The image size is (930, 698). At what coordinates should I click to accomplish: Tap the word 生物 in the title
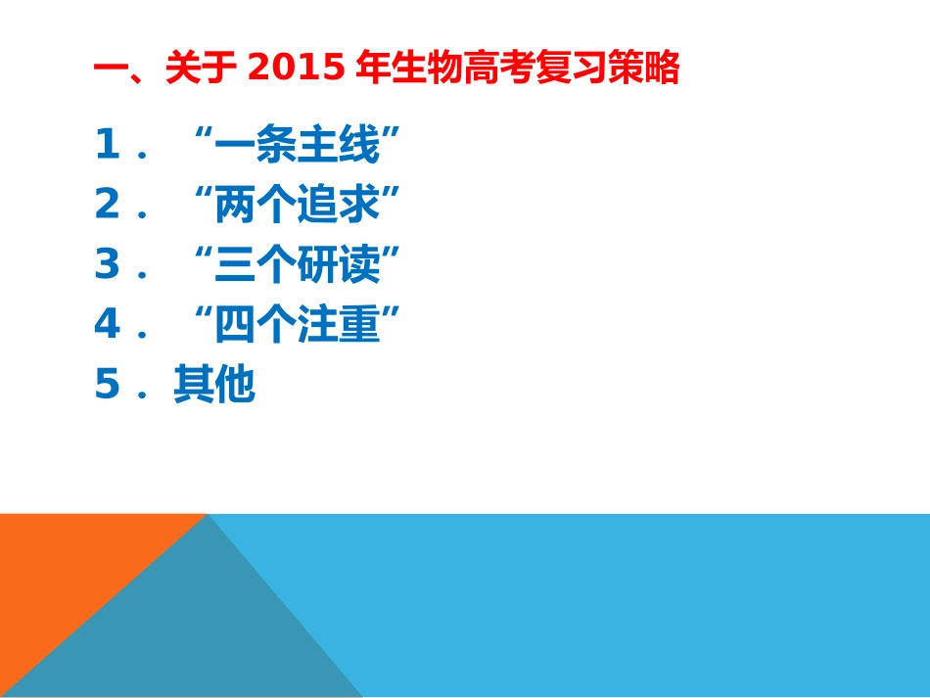coord(420,69)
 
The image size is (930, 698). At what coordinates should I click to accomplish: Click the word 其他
coord(214,386)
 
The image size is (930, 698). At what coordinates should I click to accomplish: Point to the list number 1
coord(107,147)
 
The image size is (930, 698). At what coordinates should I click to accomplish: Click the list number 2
coord(107,207)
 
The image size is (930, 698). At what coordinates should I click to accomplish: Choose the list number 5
coord(107,386)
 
